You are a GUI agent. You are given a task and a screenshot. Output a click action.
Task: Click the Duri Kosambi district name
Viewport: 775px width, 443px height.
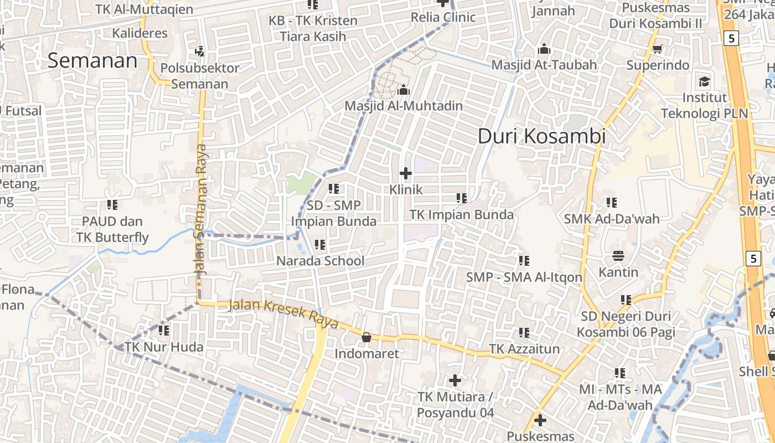coord(541,136)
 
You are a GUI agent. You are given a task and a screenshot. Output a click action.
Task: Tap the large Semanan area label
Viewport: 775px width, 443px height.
coord(92,60)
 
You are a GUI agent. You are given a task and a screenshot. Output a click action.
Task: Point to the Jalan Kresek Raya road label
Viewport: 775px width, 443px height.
coord(283,313)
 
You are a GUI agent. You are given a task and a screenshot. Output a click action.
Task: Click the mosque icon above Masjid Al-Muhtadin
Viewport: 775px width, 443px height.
coord(404,89)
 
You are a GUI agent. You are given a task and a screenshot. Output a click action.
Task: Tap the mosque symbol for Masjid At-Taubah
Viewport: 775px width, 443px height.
coord(544,49)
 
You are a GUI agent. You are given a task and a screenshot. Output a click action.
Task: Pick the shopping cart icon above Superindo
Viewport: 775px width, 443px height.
coord(658,49)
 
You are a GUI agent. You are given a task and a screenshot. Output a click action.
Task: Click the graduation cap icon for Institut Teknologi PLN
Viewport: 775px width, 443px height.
coord(704,82)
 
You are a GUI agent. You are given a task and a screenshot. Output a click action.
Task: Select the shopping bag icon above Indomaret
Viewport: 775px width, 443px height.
coord(366,337)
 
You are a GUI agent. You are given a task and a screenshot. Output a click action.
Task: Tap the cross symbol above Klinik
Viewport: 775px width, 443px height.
coord(406,173)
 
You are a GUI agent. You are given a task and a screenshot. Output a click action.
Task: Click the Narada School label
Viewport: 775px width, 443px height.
coord(320,261)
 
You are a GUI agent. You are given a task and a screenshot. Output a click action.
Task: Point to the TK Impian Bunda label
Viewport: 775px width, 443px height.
coord(462,214)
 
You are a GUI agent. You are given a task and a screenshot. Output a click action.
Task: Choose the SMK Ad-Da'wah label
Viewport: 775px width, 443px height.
coord(612,219)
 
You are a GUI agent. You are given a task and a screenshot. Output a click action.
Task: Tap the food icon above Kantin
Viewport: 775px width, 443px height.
coord(618,256)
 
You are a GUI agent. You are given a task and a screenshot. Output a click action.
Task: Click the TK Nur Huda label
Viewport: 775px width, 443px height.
coord(164,347)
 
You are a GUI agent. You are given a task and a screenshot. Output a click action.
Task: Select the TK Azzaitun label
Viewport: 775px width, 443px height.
coord(524,349)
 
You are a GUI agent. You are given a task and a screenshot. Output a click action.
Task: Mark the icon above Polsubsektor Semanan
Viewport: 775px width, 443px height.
coord(199,51)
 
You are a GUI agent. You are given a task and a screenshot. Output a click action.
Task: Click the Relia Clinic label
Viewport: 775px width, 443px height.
coord(443,17)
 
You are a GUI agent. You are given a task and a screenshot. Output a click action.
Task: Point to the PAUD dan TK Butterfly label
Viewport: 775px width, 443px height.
coord(112,229)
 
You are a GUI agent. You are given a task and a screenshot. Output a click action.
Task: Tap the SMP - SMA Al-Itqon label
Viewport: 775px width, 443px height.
coord(524,277)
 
